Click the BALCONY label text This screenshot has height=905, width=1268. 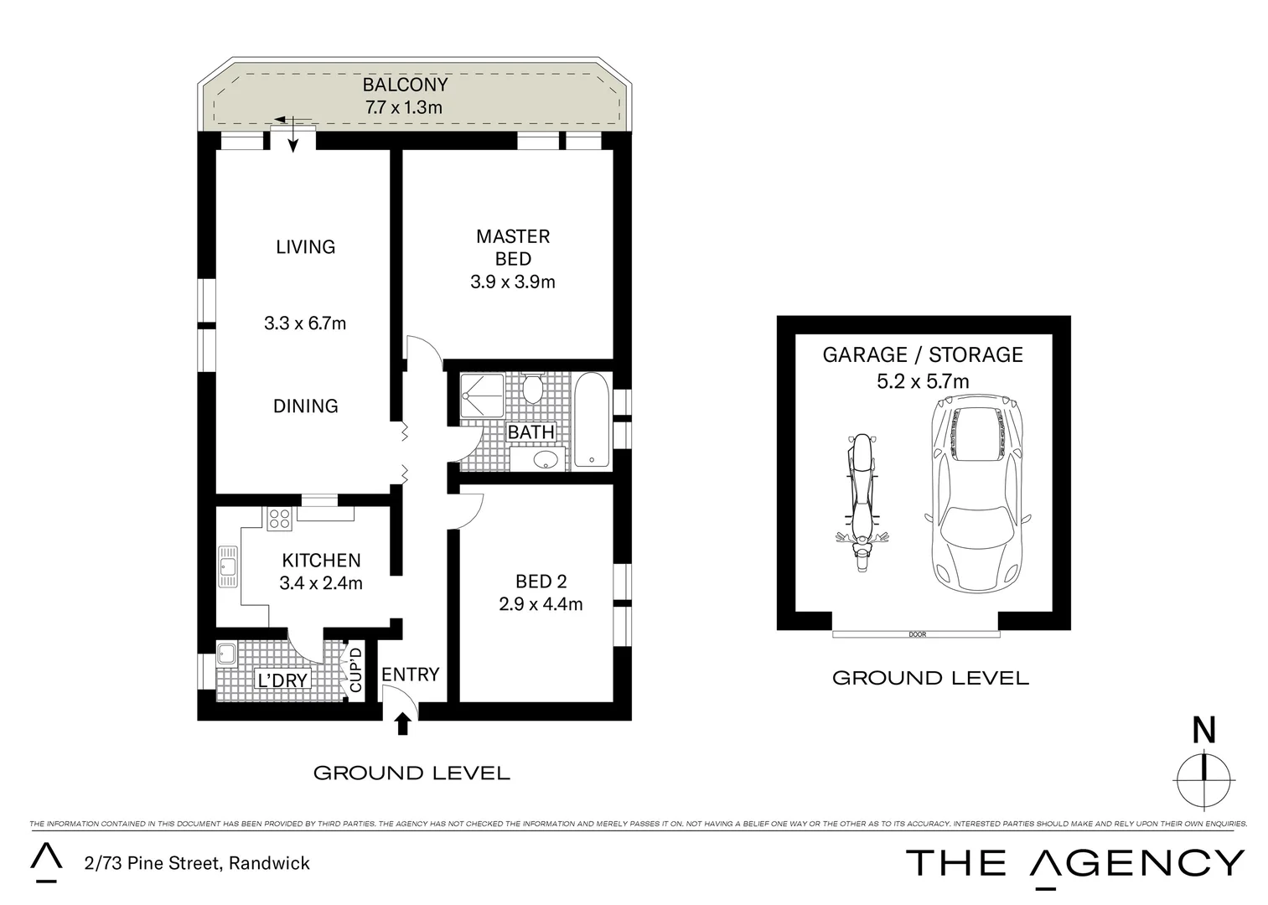405,85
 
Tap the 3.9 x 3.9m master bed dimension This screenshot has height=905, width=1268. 512,282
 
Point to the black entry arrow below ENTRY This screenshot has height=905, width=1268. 402,723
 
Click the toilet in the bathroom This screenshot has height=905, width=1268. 531,389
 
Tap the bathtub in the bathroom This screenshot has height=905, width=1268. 593,419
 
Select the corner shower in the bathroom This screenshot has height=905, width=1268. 481,396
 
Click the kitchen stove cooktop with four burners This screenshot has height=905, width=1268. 279,520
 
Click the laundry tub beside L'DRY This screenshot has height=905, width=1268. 226,653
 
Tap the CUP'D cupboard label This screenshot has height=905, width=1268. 355,670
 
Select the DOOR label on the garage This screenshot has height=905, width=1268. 917,634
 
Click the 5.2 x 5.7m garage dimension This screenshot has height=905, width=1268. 922,382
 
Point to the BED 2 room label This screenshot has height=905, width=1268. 541,581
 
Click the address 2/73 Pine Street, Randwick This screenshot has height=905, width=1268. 197,863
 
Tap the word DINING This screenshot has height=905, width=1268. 305,406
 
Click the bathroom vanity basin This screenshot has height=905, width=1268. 546,459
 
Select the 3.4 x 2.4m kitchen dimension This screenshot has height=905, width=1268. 320,583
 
